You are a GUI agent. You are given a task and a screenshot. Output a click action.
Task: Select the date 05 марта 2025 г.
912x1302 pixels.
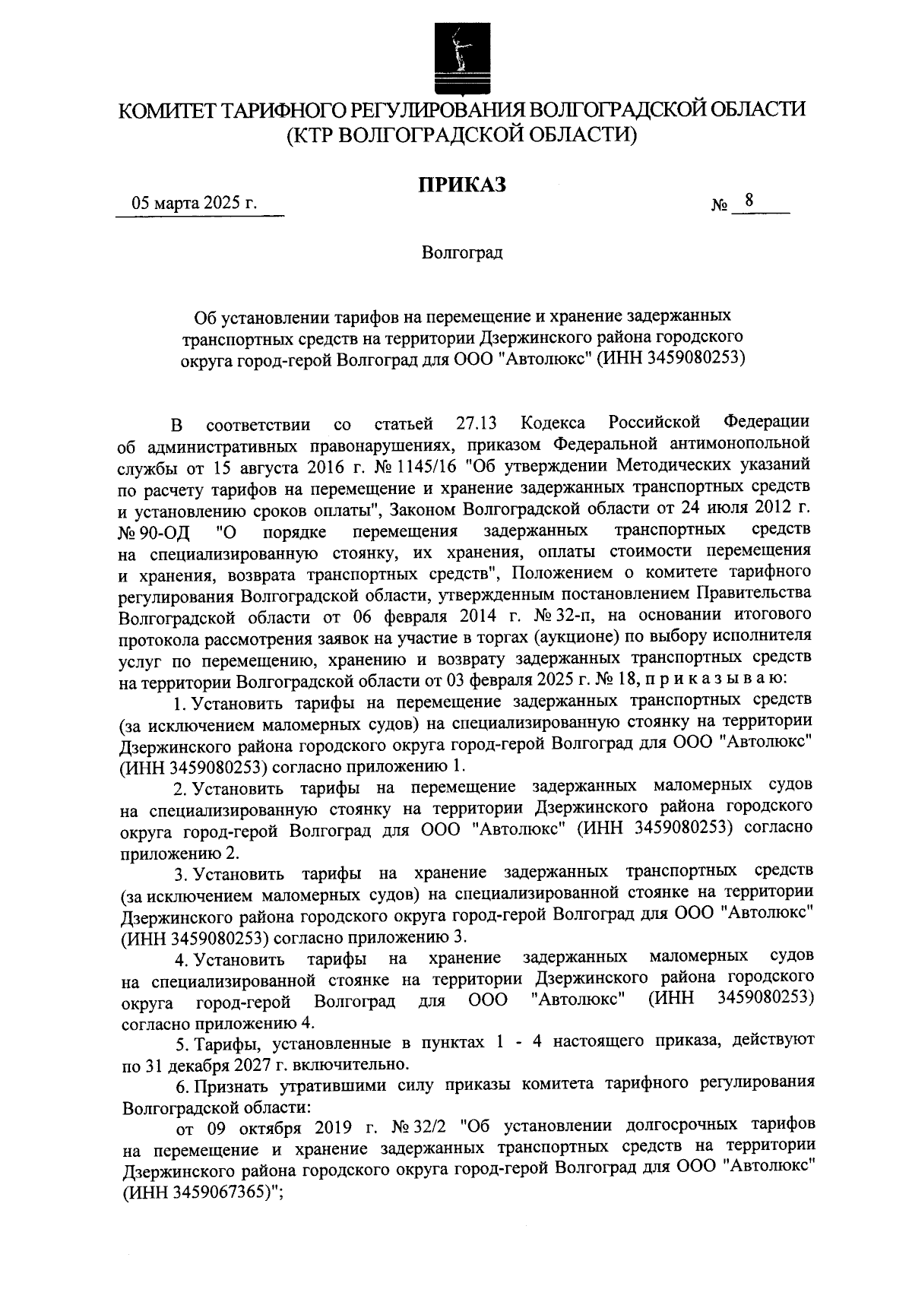[x=195, y=204]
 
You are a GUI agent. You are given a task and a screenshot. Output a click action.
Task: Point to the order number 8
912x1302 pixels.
[x=749, y=201]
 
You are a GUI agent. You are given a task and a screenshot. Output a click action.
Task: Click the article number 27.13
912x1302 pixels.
[x=477, y=422]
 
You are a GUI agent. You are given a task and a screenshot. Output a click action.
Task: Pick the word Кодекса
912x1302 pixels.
[x=554, y=422]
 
